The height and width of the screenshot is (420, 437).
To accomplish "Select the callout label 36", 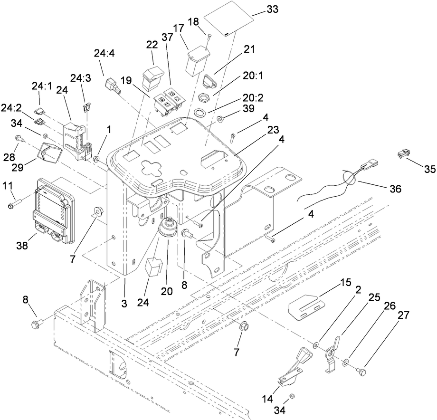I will pyautogui.click(x=395, y=189).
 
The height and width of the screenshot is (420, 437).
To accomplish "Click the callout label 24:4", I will pyautogui.click(x=104, y=54).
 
